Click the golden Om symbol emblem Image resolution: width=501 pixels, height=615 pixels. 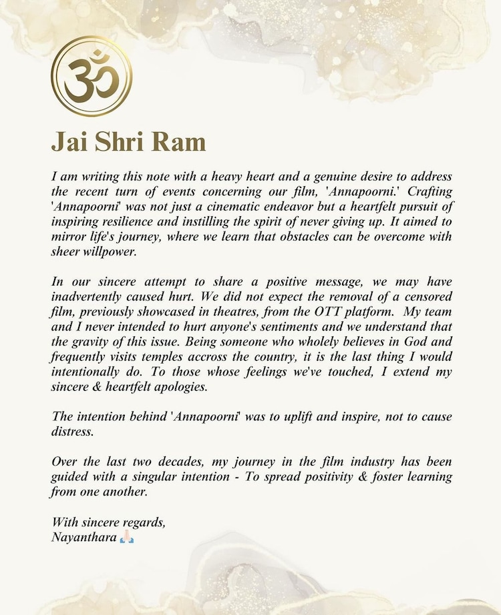click(x=92, y=75)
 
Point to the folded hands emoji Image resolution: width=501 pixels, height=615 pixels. click(x=127, y=537)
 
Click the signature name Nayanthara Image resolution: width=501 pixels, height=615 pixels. click(x=84, y=536)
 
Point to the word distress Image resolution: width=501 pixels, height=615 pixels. click(x=73, y=432)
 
